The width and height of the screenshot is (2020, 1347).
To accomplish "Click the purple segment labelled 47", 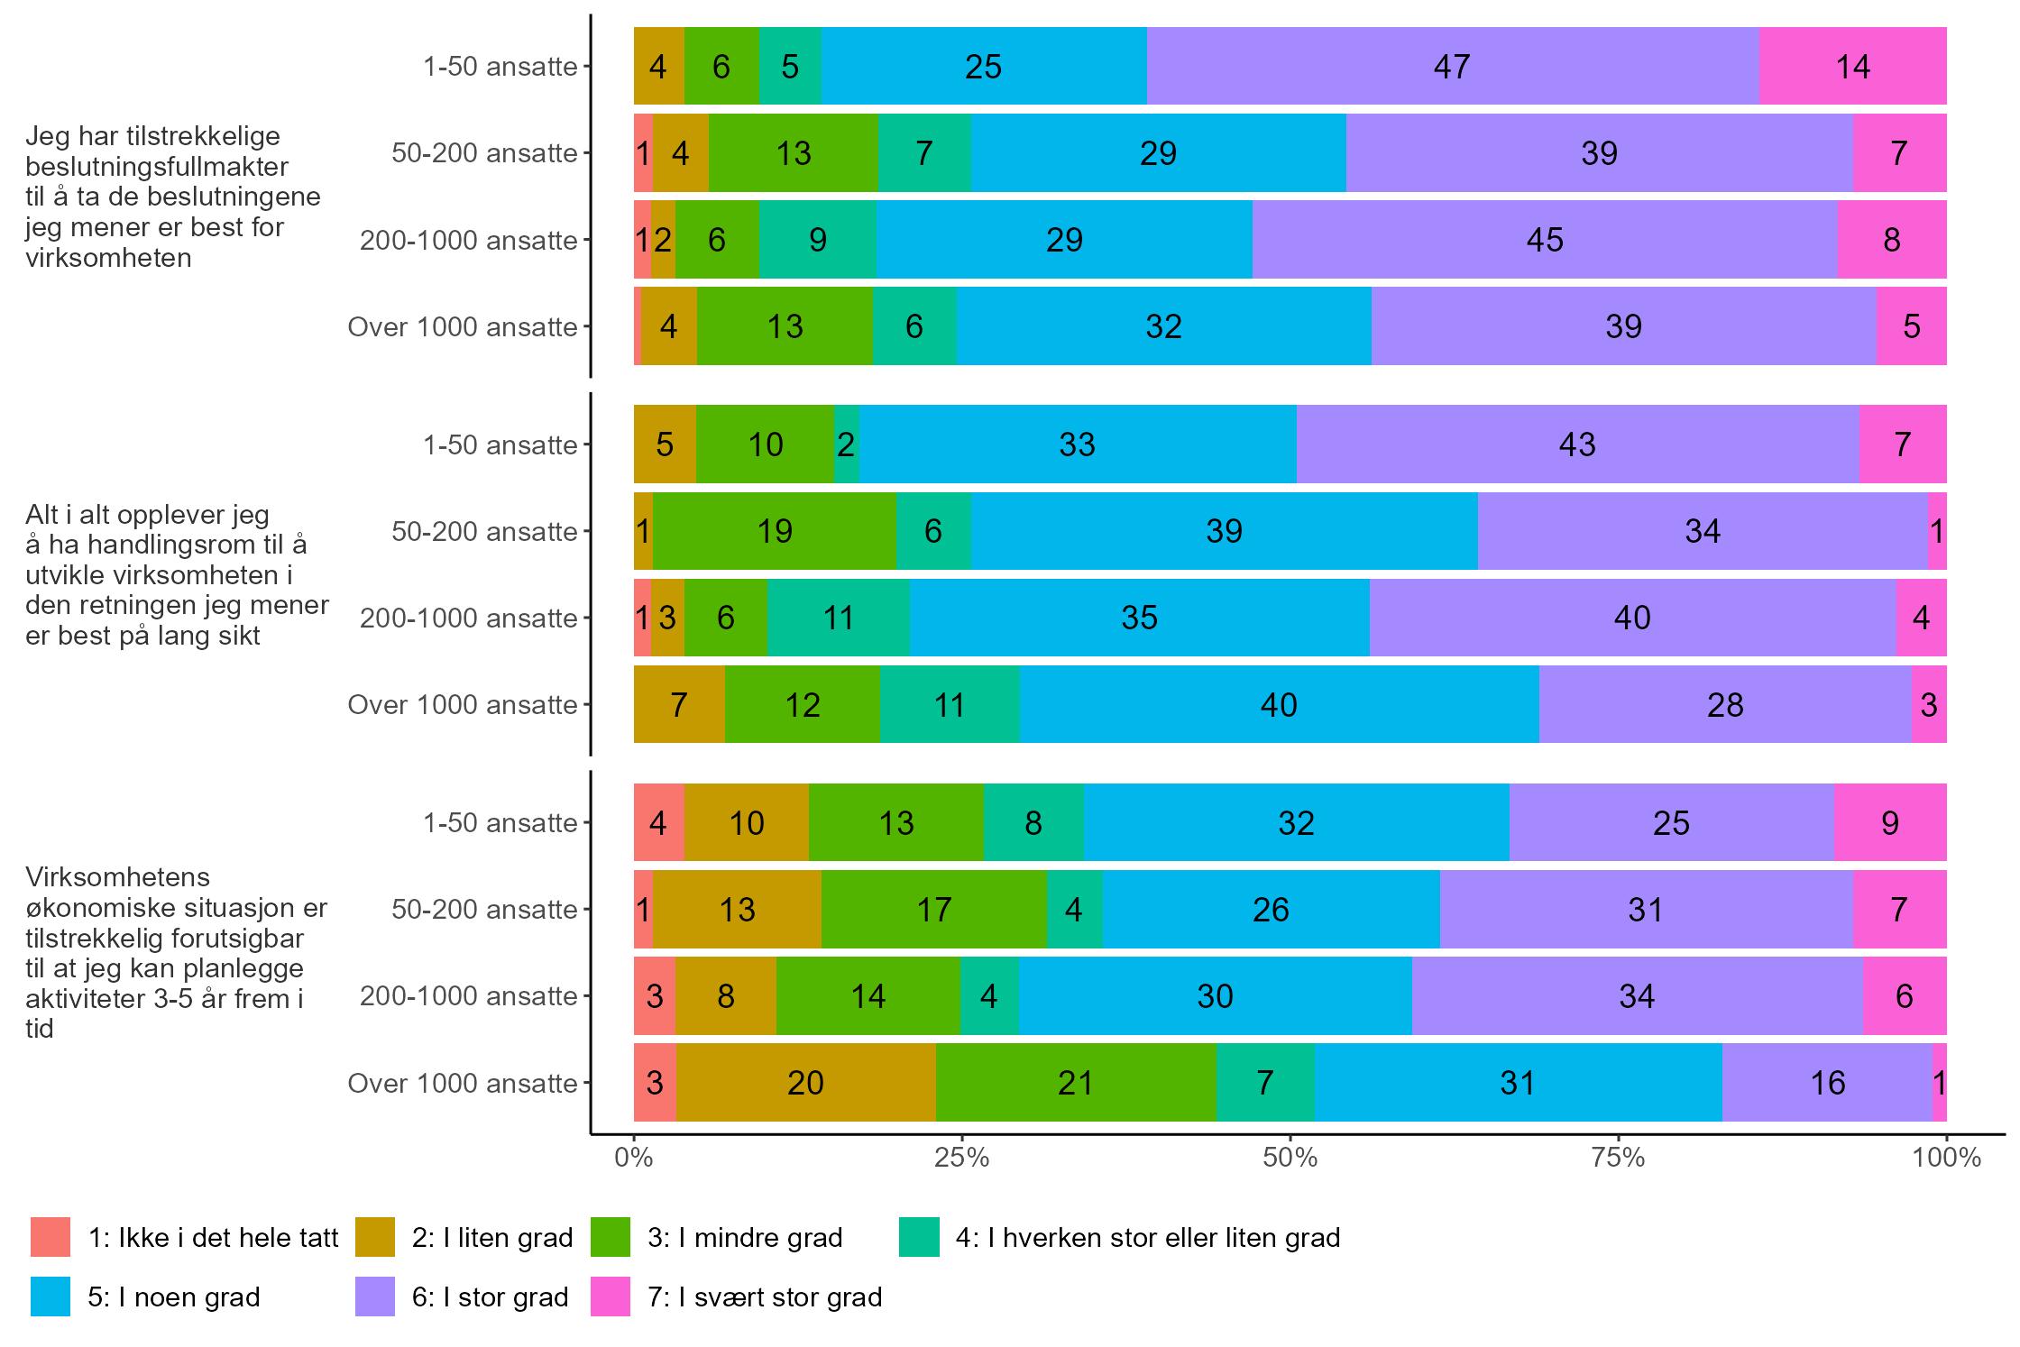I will pyautogui.click(x=1452, y=67).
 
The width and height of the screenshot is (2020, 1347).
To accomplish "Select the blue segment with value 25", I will pyautogui.click(x=984, y=67).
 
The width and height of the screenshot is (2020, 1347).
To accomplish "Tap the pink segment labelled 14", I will pyautogui.click(x=1852, y=67).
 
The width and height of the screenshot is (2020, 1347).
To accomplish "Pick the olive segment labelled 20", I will pyautogui.click(x=805, y=1083).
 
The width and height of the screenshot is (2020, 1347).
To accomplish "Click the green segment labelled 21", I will pyautogui.click(x=1076, y=1083).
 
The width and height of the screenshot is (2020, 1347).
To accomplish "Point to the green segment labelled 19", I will pyautogui.click(x=774, y=531).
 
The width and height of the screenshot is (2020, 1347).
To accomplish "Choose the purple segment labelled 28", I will pyautogui.click(x=1724, y=705).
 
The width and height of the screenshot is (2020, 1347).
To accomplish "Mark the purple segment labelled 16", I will pyautogui.click(x=1827, y=1083).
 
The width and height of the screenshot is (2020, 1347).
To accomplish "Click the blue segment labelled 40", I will pyautogui.click(x=1279, y=705).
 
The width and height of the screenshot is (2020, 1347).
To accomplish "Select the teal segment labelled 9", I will pyautogui.click(x=817, y=240).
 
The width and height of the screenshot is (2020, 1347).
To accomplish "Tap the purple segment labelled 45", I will pyautogui.click(x=1544, y=240).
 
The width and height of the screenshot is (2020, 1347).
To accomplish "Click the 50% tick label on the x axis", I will pyautogui.click(x=1290, y=1158).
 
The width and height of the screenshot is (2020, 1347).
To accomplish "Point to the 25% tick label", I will pyautogui.click(x=961, y=1158).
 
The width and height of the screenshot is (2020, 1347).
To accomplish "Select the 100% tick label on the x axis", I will pyautogui.click(x=1946, y=1158).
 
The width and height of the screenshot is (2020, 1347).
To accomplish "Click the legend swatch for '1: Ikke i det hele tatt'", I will pyautogui.click(x=50, y=1237).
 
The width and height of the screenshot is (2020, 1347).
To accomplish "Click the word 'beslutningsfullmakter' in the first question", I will pyautogui.click(x=157, y=167).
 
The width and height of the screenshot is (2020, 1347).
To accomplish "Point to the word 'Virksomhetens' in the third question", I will pyautogui.click(x=117, y=877).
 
